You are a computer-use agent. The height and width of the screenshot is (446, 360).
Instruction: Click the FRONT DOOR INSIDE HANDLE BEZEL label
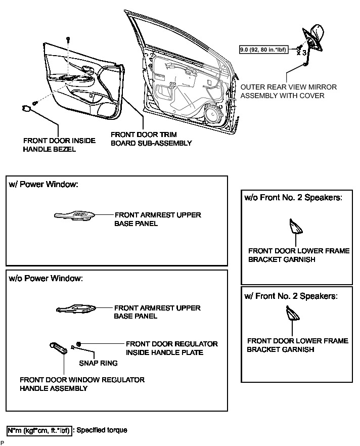tap(59, 144)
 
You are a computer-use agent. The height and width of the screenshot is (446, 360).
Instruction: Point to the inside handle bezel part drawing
tap(26, 108)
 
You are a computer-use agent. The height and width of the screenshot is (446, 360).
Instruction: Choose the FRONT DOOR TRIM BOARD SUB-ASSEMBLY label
tap(151, 139)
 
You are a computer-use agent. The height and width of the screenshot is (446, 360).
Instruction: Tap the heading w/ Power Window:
tap(43, 185)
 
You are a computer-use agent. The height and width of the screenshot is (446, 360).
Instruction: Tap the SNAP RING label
tap(98, 363)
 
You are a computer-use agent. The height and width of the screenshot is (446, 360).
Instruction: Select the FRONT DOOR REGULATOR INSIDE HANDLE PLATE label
tap(171, 348)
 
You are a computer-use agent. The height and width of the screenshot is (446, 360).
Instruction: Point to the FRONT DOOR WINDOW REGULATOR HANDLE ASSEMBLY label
tap(82, 384)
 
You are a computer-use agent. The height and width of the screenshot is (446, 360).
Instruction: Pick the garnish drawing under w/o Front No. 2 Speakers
tap(294, 227)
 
